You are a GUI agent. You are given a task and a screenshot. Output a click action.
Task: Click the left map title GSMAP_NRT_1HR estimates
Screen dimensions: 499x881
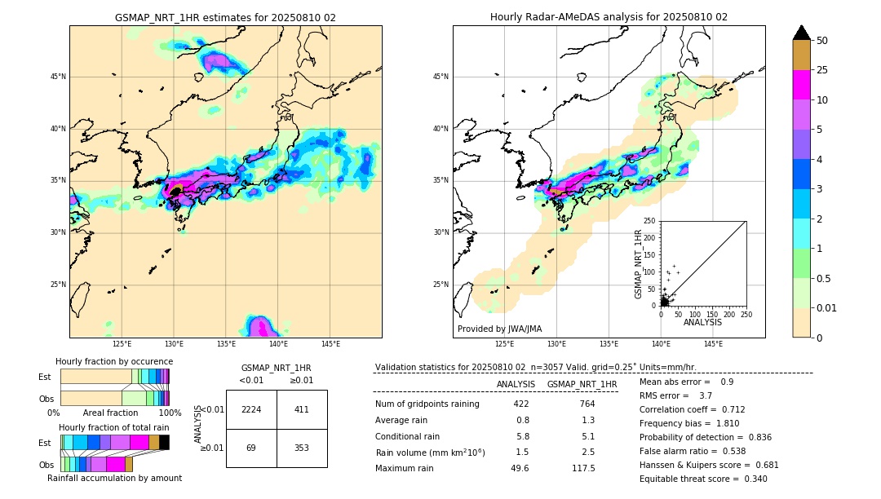point(225,17)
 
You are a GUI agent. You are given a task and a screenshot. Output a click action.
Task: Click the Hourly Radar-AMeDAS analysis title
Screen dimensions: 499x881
point(609,17)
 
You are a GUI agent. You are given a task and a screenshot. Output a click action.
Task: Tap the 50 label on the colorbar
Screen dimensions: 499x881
point(822,41)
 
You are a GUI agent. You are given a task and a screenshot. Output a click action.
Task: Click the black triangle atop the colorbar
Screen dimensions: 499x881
point(802,33)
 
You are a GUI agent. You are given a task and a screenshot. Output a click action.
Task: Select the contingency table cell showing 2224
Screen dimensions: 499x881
point(251,409)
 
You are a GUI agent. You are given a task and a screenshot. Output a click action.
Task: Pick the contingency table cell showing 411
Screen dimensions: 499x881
point(302,409)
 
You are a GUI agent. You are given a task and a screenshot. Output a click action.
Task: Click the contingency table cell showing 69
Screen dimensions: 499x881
point(251,448)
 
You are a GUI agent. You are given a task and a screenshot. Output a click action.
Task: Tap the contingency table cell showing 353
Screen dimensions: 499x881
point(302,448)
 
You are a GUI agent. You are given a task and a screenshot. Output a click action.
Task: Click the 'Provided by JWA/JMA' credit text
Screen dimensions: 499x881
point(499,329)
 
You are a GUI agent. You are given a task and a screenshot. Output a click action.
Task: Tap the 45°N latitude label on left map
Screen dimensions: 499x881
point(57,77)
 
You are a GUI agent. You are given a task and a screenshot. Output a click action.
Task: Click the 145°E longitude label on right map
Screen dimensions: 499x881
point(713,344)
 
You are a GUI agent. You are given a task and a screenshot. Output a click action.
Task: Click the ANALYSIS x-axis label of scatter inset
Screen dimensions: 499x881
point(702,322)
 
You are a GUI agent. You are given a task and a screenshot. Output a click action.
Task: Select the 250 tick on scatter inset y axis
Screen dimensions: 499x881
point(650,221)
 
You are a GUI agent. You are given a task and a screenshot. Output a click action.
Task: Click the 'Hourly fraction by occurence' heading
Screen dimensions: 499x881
point(114,361)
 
